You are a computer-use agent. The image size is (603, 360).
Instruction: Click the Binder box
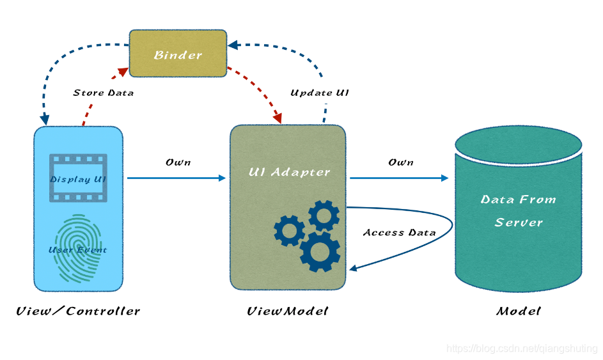click(178, 54)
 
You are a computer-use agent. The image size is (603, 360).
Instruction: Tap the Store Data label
click(104, 93)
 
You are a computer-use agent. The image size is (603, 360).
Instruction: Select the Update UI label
click(320, 93)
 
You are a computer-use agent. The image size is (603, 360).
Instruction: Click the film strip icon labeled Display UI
click(78, 178)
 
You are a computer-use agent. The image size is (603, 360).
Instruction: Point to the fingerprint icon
click(77, 249)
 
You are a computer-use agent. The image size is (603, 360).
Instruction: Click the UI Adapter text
click(290, 172)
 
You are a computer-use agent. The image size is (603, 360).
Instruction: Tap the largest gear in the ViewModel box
click(320, 251)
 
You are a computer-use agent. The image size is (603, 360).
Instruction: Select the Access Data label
click(400, 232)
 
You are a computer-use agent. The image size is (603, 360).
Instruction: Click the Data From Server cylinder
click(518, 211)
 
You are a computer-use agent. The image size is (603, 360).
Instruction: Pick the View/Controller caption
click(78, 311)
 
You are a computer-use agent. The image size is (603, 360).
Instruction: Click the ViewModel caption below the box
click(288, 311)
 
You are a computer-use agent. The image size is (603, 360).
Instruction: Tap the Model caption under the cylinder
click(518, 311)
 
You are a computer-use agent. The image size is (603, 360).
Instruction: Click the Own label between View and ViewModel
click(178, 162)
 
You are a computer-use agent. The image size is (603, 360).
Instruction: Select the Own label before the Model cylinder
click(401, 162)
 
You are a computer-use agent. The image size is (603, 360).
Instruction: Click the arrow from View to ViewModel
click(176, 178)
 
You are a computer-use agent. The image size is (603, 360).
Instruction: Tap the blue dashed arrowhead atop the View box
click(45, 120)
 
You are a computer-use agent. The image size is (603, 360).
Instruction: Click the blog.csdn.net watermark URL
click(521, 348)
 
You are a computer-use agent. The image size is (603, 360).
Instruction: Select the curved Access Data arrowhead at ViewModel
click(353, 269)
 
